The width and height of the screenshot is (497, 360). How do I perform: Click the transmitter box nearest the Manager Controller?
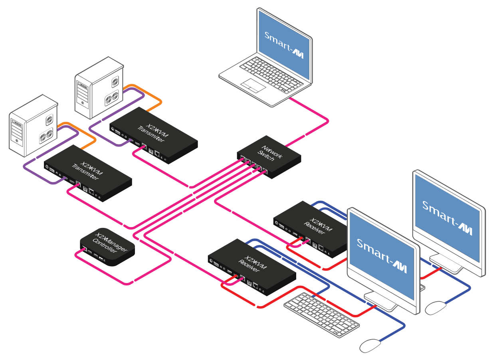pyautogui.click(x=88, y=172)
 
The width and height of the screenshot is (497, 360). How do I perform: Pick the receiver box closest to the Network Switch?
pyautogui.click(x=309, y=227)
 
